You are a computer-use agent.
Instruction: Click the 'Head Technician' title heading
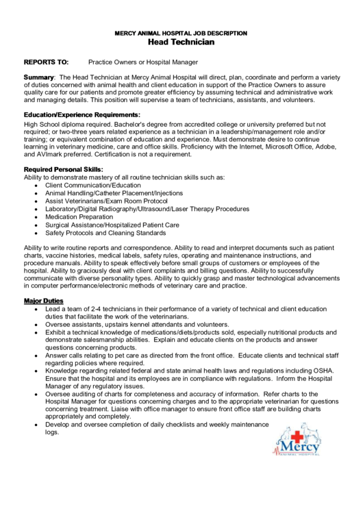[181, 42]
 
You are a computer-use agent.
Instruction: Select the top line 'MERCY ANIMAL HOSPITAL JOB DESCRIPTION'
[181, 32]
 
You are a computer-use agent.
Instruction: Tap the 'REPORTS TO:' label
[46, 61]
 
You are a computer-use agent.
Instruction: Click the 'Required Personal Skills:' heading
[64, 168]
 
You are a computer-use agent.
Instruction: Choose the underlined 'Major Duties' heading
[44, 301]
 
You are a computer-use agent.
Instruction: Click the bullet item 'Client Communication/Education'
[93, 185]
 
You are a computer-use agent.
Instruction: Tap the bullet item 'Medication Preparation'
[79, 216]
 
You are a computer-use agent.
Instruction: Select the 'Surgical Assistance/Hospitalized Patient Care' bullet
[112, 225]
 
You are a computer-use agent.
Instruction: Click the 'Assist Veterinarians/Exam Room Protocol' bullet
[106, 201]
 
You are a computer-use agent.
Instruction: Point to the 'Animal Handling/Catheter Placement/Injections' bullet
[110, 193]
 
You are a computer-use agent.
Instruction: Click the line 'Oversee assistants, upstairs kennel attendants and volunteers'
[137, 325]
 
